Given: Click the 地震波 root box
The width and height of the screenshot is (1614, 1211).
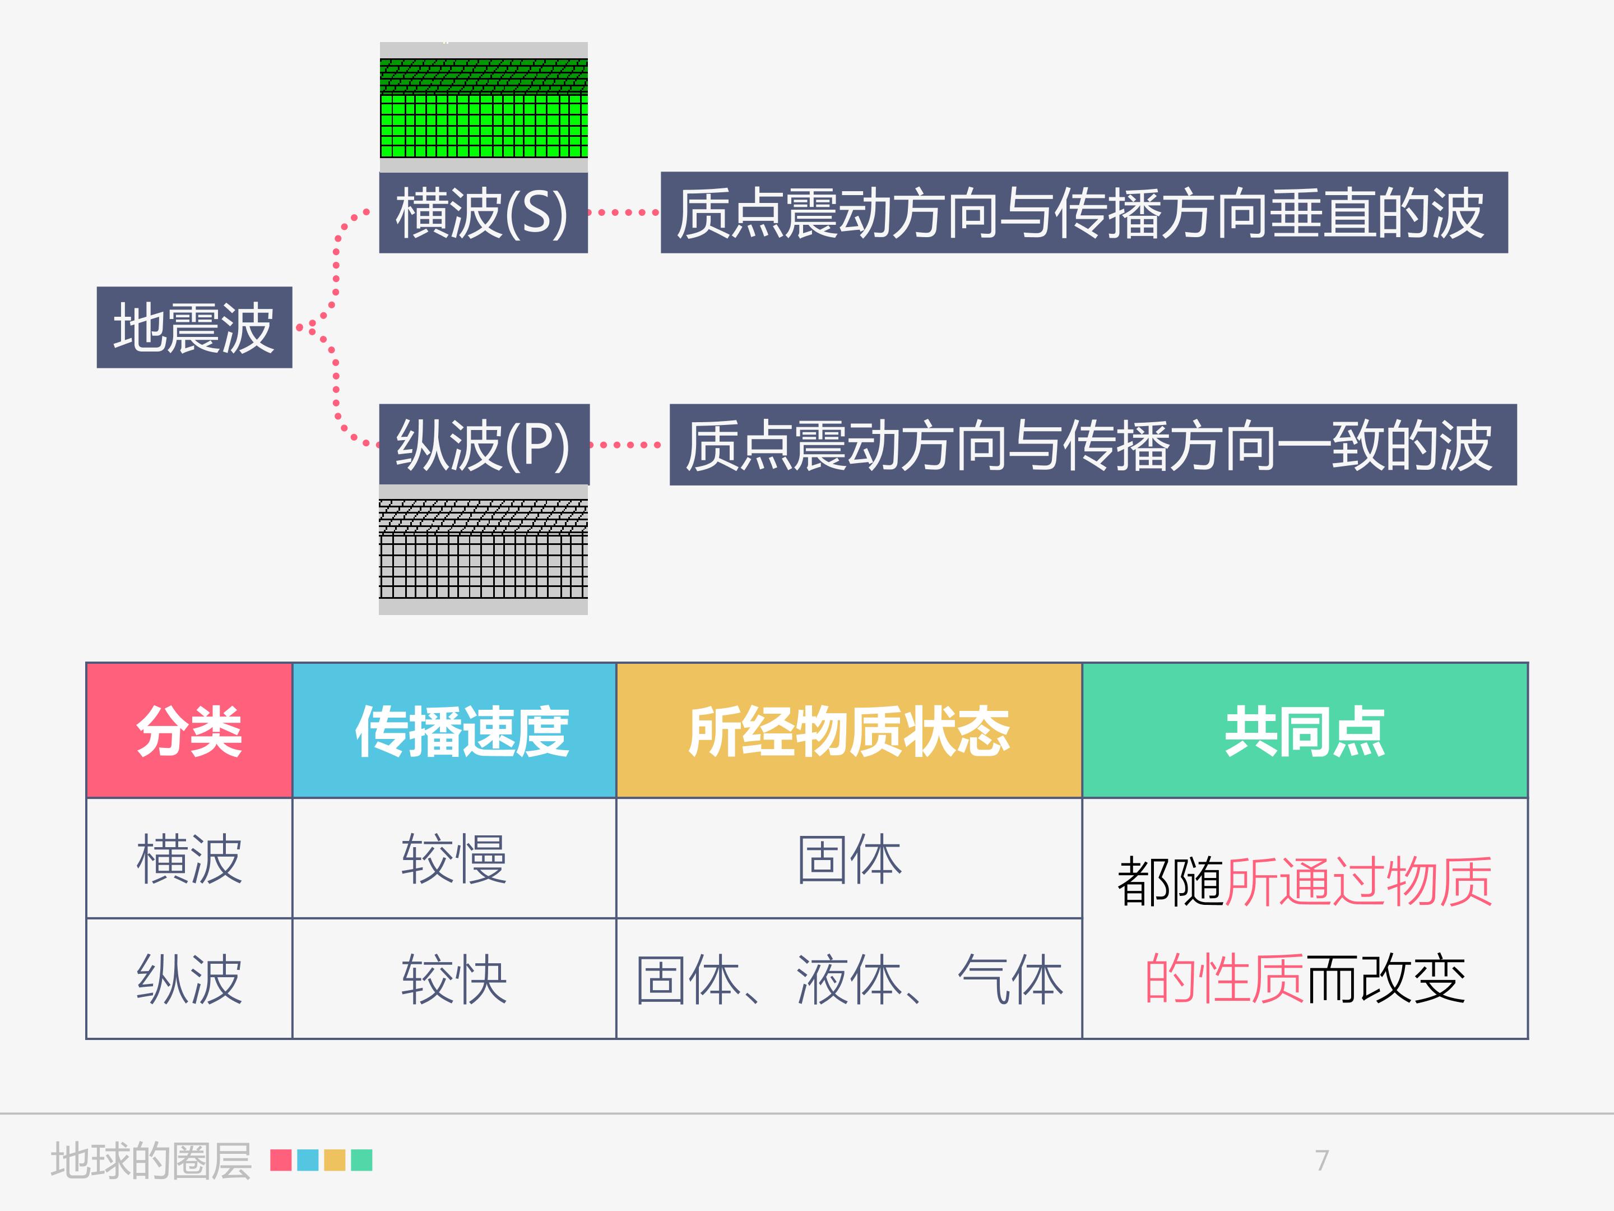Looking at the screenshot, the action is [x=194, y=327].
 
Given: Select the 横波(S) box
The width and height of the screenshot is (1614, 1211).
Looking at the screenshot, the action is [x=483, y=212].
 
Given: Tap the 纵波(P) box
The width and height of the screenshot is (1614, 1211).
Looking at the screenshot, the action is [x=483, y=445].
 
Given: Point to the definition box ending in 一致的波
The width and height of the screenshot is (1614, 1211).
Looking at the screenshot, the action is [x=1093, y=445].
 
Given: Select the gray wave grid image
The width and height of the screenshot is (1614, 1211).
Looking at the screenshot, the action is [x=483, y=549].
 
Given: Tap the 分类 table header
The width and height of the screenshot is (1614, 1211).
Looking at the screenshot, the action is [x=189, y=731].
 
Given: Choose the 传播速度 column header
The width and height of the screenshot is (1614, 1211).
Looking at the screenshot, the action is [x=454, y=731].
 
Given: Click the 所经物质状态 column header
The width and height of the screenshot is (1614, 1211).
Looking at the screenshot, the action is [x=848, y=731].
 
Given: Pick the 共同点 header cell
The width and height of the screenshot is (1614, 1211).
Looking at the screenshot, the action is [x=1305, y=731].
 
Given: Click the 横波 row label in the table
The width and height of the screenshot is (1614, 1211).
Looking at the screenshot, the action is [x=189, y=858].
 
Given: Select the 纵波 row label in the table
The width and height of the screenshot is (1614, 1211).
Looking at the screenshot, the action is [x=189, y=979].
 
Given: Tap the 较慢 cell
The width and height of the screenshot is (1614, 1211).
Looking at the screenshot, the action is [x=454, y=858].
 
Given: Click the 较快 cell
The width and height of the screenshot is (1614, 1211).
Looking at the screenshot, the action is [x=454, y=979].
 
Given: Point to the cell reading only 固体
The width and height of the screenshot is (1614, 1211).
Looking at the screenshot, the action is [x=848, y=858].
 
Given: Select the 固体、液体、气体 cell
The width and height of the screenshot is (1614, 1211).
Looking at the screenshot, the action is [x=848, y=979].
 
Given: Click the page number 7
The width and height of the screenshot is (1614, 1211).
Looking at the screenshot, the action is [x=1322, y=1160].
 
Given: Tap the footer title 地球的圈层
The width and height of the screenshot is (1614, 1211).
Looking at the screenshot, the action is [x=151, y=1161].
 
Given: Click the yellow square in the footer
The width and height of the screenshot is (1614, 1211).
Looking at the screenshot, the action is [x=334, y=1160].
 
